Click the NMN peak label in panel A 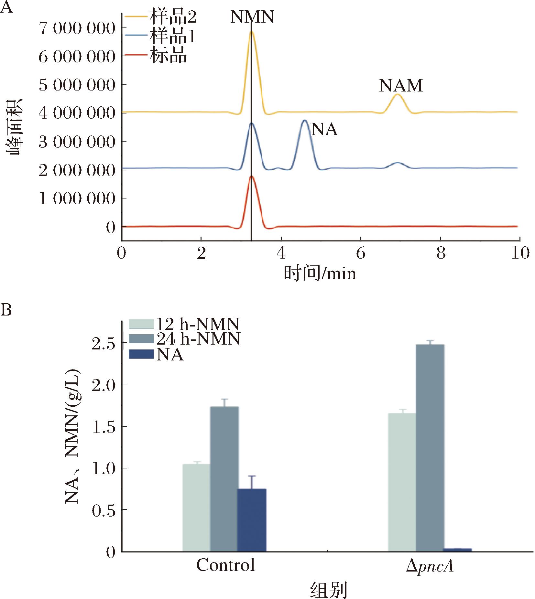(252, 17)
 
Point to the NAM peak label (401, 86)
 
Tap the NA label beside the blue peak (324, 130)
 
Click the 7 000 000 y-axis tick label (77, 29)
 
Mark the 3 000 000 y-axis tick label (77, 142)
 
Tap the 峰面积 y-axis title (15, 127)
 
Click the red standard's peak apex (252, 177)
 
